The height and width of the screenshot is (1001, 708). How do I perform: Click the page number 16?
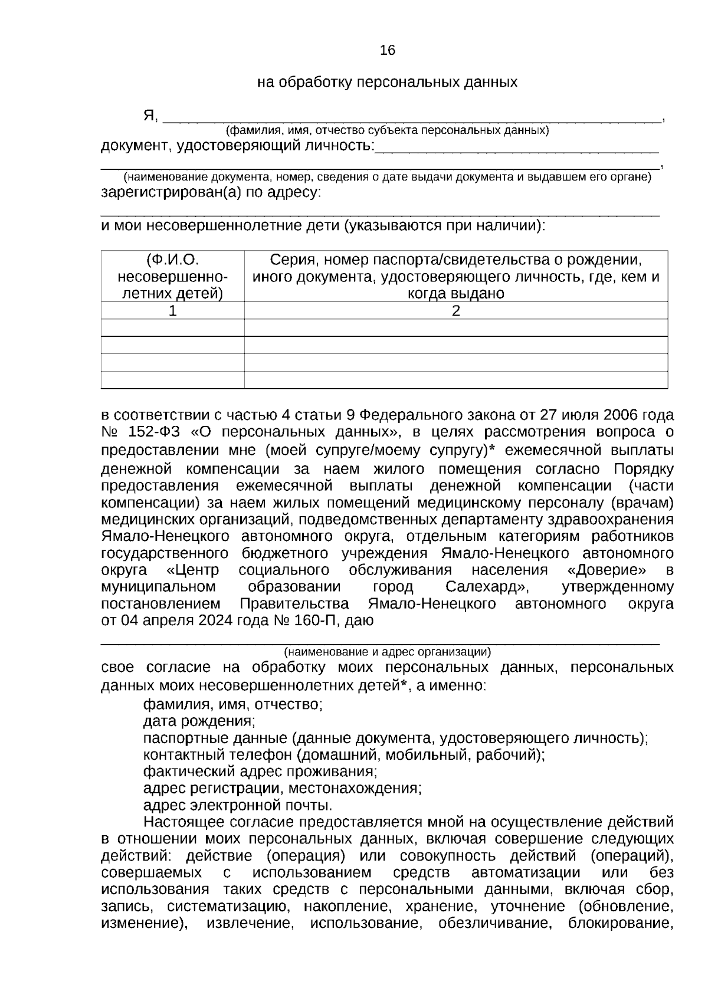pos(388,51)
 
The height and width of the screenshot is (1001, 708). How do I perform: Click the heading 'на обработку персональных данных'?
pos(387,83)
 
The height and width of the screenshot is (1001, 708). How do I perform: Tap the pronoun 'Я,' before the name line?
pos(150,116)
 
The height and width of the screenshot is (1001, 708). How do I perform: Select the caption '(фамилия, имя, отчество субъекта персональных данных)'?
pos(388,130)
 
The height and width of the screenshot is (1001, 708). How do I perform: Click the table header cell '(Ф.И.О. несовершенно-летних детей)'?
pos(172,277)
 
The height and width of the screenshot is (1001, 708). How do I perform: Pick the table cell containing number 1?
pos(172,311)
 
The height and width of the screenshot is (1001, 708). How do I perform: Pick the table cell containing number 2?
pos(455,311)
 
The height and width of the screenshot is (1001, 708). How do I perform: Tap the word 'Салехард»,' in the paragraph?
pos(487,588)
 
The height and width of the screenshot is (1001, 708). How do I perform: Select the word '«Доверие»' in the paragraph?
pos(606,570)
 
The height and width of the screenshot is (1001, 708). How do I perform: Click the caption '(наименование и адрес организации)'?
pos(388,652)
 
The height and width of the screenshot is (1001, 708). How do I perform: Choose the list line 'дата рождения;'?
pos(199,721)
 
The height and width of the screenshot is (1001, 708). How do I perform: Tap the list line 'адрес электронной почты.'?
pos(238,806)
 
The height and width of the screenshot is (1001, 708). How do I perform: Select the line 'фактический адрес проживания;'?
pos(260,772)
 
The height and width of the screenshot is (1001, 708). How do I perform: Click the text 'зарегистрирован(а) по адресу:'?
pos(211,193)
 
